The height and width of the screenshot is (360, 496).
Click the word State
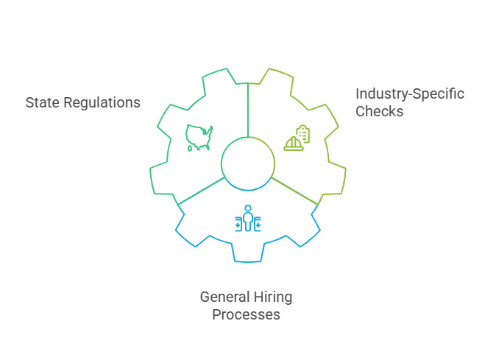tap(40, 103)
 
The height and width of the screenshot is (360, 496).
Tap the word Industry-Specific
tap(410, 94)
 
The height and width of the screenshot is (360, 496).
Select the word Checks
tap(379, 112)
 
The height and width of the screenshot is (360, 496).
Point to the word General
tap(222, 297)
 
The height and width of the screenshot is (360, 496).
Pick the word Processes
tap(246, 314)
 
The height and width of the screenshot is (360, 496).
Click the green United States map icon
tap(199, 135)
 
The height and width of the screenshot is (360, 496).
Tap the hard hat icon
tap(294, 143)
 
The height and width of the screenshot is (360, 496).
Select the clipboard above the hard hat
tap(302, 133)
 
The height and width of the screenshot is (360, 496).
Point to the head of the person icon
tap(248, 208)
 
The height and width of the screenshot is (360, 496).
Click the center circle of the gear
tap(248, 162)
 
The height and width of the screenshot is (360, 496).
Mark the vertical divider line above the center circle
tap(248, 110)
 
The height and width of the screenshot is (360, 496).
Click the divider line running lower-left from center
tap(200, 190)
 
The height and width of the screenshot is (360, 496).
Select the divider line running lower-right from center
tap(295, 190)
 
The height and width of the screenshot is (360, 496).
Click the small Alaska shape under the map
tap(190, 148)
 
